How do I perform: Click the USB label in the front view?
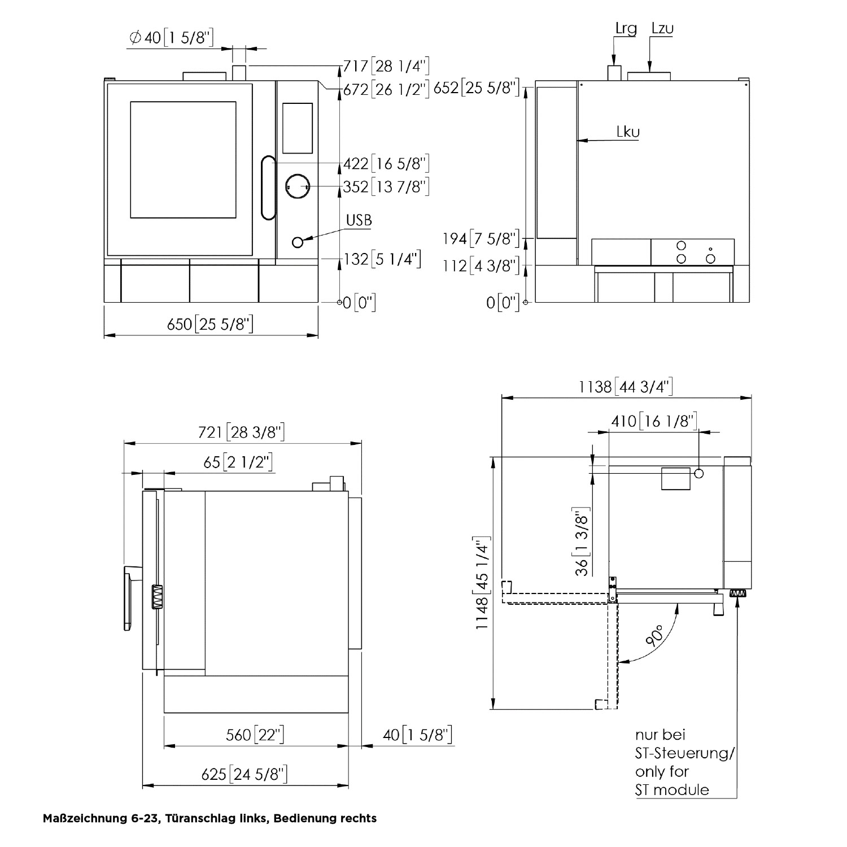[x=359, y=220]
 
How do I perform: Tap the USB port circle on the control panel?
[x=298, y=242]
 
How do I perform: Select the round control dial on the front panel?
[x=297, y=186]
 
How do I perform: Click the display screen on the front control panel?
[x=297, y=128]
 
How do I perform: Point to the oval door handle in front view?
[x=268, y=189]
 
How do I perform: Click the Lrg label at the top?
[x=626, y=29]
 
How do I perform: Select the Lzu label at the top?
[x=662, y=28]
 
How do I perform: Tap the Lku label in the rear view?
[x=628, y=132]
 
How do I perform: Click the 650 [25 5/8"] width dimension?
[x=209, y=324]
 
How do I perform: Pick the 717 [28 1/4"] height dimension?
[x=386, y=67]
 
